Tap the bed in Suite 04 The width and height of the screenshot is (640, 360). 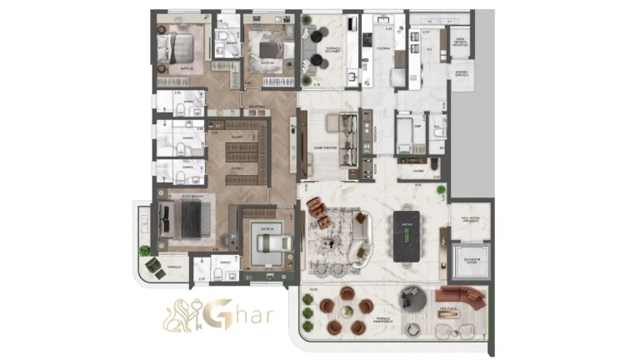tap(269, 243)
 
